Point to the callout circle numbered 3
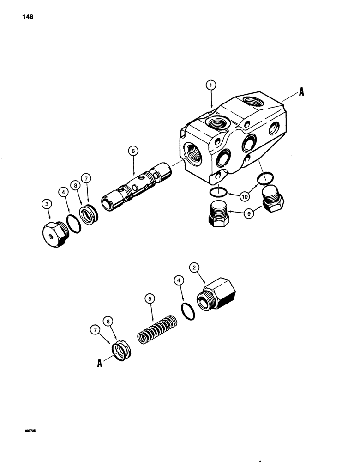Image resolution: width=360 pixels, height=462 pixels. [x=47, y=202]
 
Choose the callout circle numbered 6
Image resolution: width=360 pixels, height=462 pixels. [x=132, y=151]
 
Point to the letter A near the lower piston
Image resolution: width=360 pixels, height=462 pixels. [x=99, y=363]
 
